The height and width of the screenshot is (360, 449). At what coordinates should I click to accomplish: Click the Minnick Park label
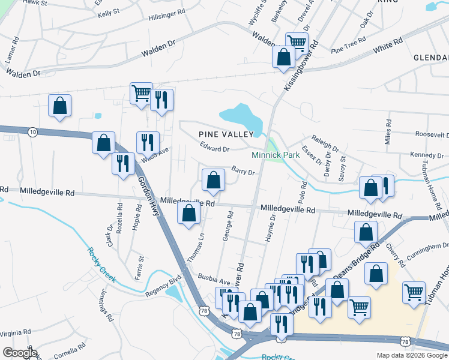(276, 155)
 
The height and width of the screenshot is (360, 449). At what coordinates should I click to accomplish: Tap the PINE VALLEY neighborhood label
(223, 134)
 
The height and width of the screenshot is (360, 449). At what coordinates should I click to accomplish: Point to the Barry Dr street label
(243, 172)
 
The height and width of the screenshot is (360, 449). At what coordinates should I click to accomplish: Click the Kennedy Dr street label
(426, 155)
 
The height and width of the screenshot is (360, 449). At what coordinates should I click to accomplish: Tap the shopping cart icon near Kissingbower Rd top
(297, 42)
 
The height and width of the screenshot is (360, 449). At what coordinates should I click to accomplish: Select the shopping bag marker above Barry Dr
(213, 179)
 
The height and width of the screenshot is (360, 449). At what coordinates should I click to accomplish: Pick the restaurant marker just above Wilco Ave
(148, 142)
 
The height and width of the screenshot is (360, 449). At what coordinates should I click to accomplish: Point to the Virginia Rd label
(15, 332)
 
